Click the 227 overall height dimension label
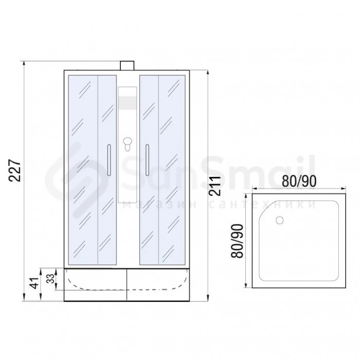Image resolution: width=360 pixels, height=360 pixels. (15, 170)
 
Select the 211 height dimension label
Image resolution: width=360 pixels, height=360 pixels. (214, 186)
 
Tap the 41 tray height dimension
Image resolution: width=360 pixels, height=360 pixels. (34, 283)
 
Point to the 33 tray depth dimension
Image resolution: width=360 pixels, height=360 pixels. (50, 279)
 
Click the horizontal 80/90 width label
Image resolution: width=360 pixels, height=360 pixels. (299, 181)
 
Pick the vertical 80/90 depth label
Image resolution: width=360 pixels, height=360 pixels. (237, 241)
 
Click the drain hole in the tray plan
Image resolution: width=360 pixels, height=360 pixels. (279, 220)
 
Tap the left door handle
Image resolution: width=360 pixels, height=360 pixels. (109, 160)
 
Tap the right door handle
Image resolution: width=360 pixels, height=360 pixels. (147, 160)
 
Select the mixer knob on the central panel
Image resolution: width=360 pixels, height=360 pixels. (127, 143)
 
